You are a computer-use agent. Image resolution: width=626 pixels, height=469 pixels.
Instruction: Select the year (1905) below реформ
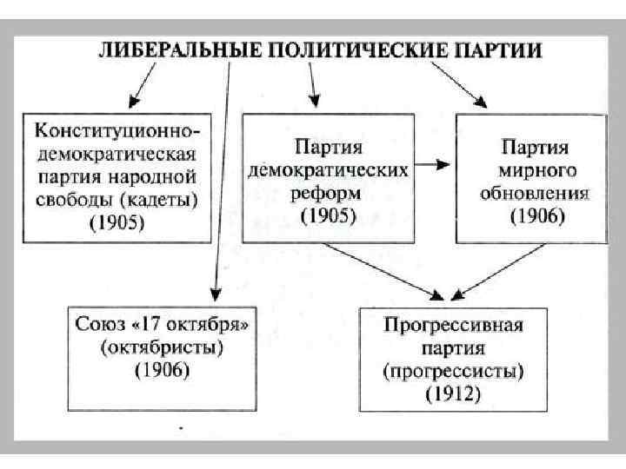coord(328,214)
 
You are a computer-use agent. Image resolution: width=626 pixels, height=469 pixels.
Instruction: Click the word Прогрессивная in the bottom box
coord(453,327)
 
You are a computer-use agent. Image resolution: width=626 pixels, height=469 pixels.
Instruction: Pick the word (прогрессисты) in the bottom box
coord(453,371)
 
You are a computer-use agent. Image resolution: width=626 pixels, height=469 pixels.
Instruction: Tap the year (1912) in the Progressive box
coord(453,394)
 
